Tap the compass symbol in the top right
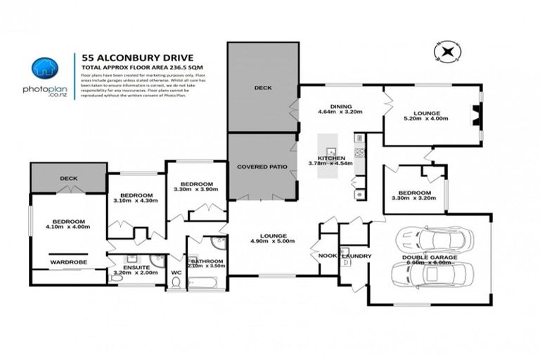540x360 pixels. tap(446, 51)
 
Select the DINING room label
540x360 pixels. tap(330, 106)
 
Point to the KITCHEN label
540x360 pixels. tap(331, 158)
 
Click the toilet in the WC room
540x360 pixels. tap(176, 281)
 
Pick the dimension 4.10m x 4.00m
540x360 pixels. tap(67, 226)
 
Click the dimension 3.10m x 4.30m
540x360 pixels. tap(135, 201)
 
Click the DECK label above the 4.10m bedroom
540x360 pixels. tap(68, 178)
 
